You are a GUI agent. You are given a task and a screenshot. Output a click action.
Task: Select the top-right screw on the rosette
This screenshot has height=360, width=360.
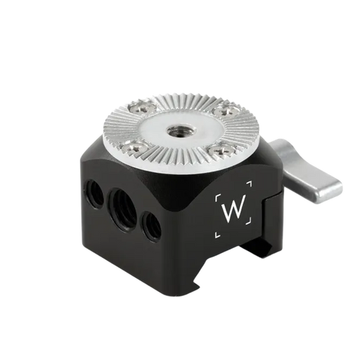[x=227, y=109]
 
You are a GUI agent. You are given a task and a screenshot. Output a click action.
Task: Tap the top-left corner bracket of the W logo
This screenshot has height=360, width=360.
[x=218, y=198]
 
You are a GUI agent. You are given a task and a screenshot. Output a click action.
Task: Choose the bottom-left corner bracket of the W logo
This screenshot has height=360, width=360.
[x=217, y=235]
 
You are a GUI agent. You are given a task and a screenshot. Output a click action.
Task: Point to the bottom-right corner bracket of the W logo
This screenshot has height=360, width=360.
[x=249, y=221]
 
